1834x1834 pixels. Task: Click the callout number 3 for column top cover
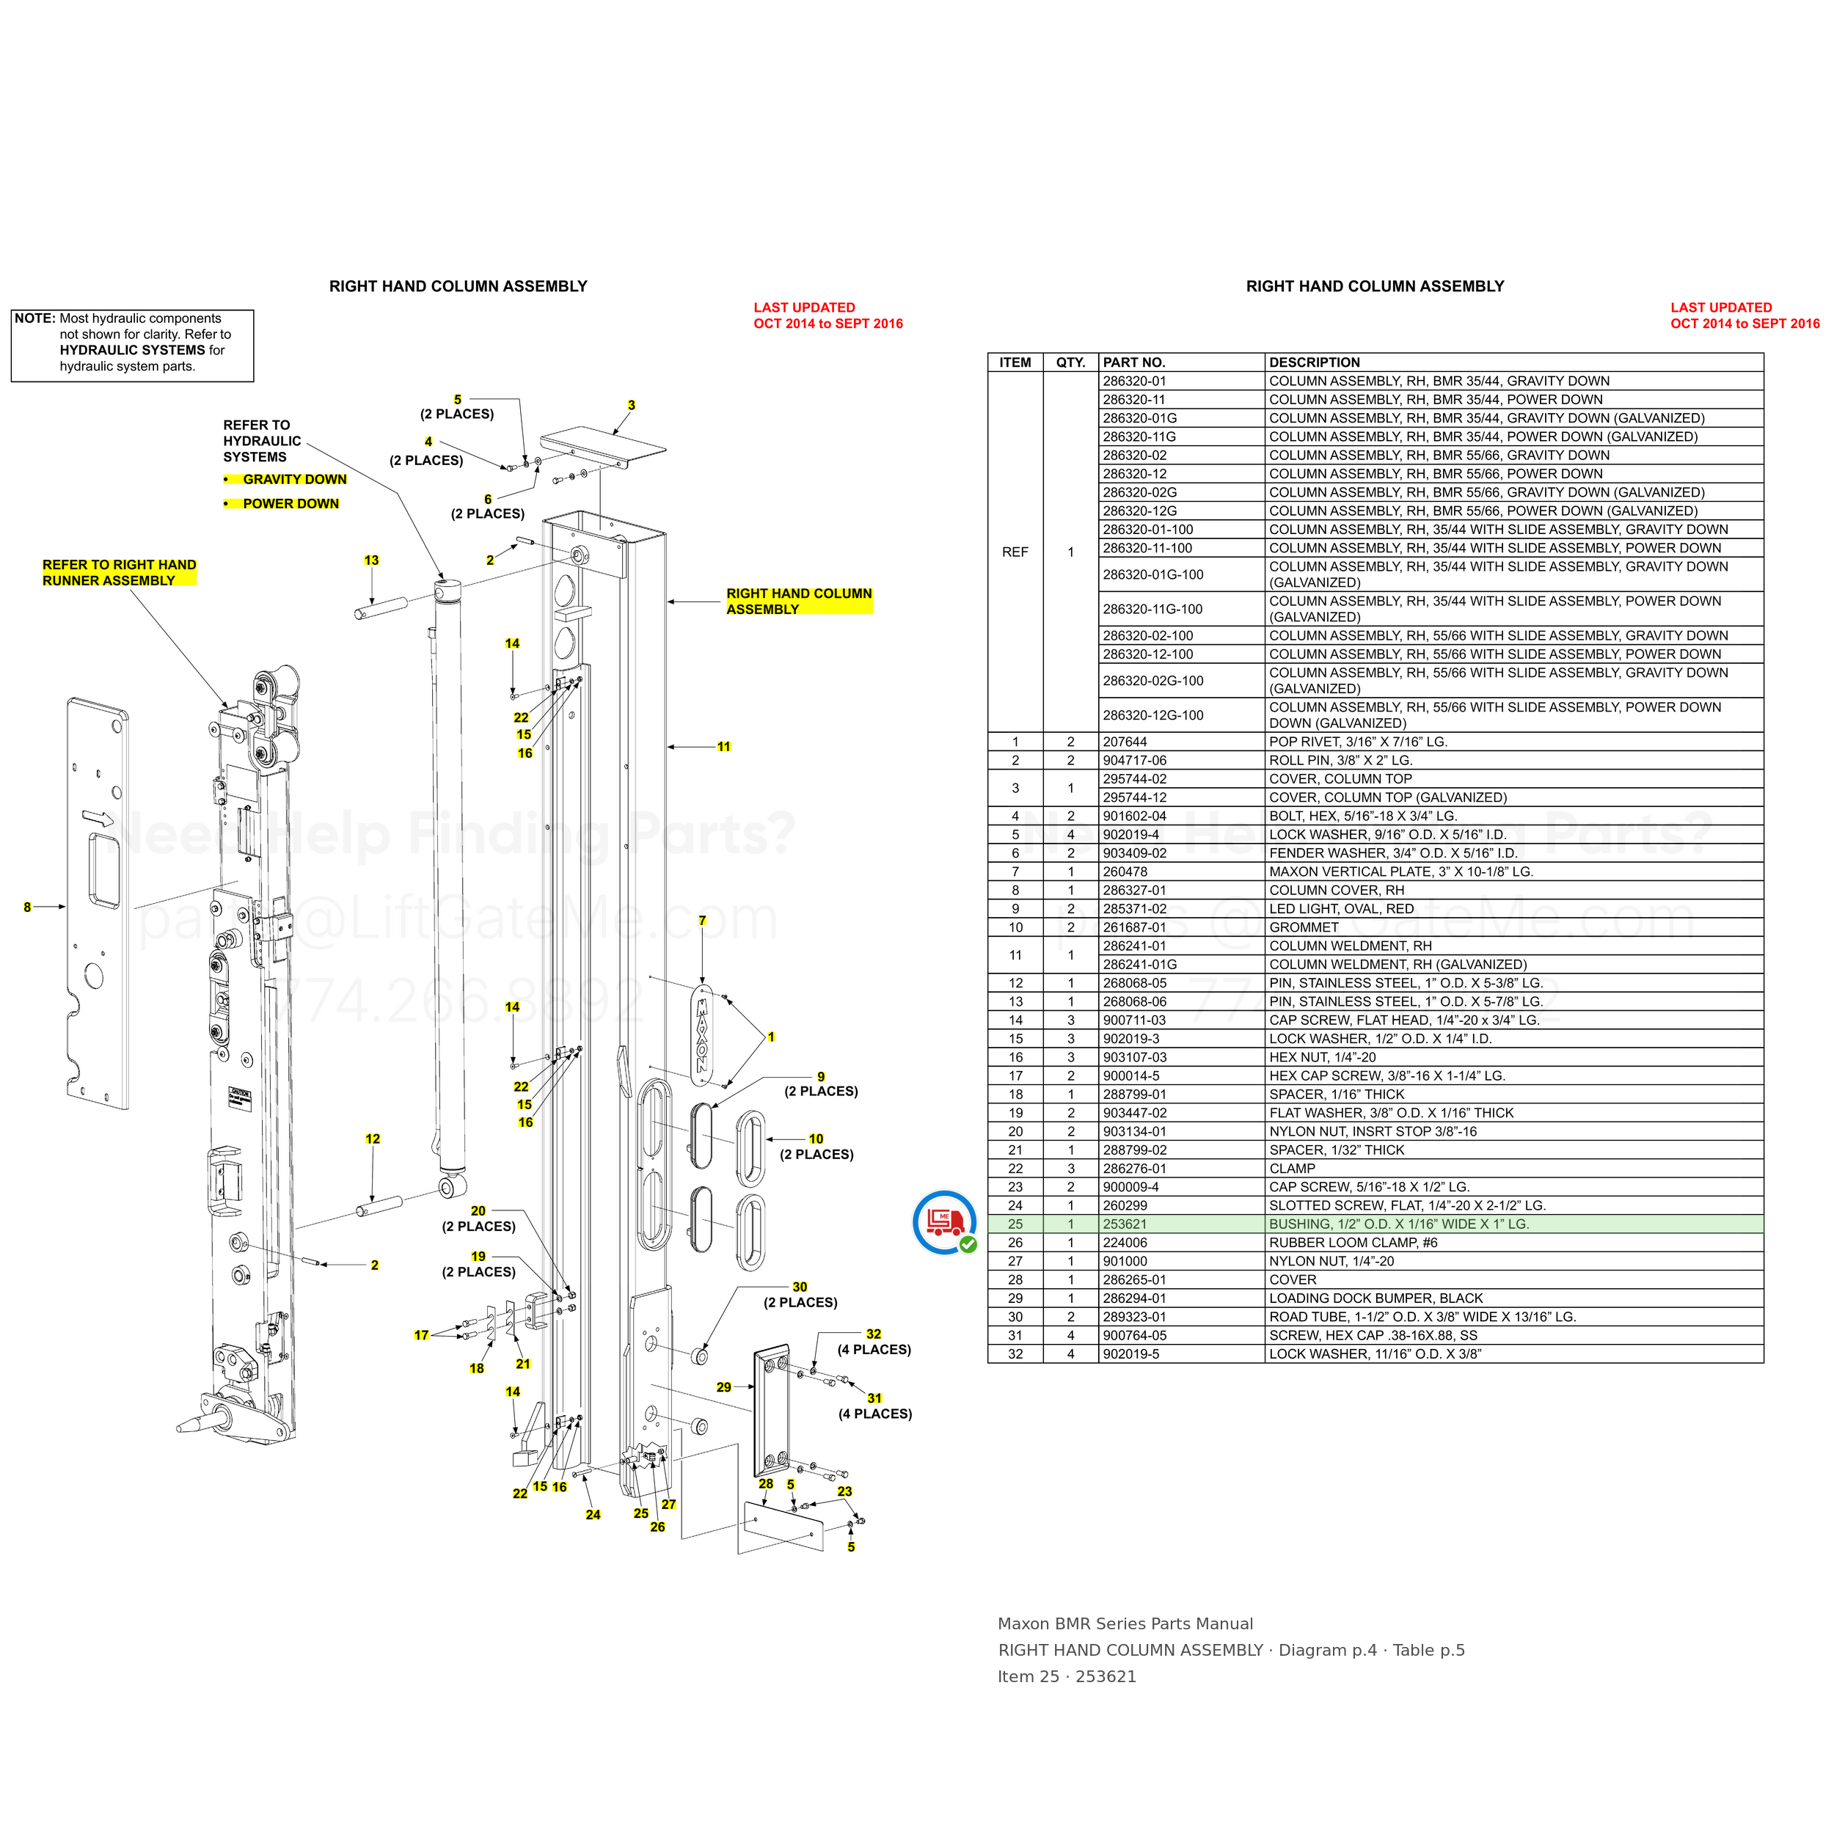[x=632, y=406]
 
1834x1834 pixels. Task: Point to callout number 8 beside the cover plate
[x=28, y=907]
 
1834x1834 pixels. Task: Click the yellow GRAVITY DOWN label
[x=294, y=479]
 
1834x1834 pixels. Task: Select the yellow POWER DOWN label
[x=291, y=504]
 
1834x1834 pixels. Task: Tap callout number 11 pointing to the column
[x=724, y=747]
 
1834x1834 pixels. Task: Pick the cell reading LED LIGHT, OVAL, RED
[x=1341, y=908]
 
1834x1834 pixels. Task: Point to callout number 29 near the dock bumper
[x=724, y=1388]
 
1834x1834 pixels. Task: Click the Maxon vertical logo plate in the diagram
[x=703, y=1034]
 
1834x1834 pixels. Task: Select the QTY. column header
[x=1071, y=362]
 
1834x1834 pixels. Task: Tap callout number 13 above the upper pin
[x=371, y=561]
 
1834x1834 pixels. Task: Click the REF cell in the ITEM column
[x=1015, y=552]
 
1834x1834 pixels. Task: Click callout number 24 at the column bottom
[x=593, y=1515]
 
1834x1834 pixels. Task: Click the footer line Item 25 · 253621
[x=1066, y=1676]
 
